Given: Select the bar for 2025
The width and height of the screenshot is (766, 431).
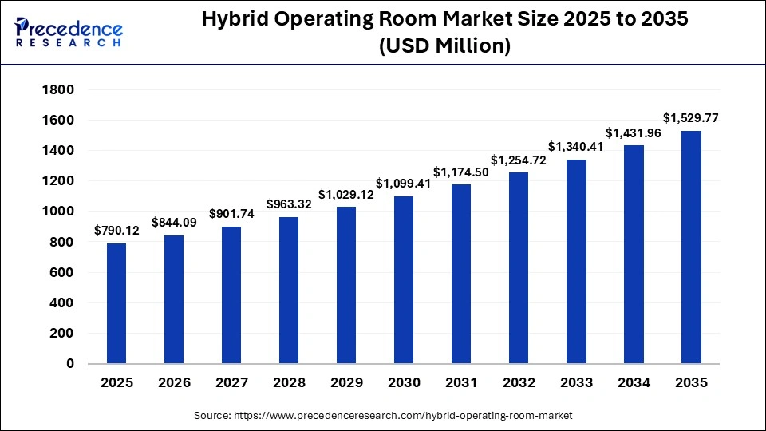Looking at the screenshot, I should (x=116, y=303).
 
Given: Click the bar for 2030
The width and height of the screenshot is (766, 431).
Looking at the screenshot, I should (x=404, y=279).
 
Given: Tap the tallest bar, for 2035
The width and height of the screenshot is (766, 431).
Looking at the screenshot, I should (x=691, y=247).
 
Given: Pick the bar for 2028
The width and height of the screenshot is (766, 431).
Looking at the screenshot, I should (x=289, y=291).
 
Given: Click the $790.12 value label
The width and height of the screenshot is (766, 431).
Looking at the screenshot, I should (x=116, y=231).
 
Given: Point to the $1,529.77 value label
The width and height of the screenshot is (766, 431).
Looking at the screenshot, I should (x=691, y=118).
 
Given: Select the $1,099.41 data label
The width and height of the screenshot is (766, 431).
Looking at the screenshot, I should (x=404, y=184).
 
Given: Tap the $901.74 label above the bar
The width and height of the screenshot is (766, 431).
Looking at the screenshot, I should (x=231, y=214).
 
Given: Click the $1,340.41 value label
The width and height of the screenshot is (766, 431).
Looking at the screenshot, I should (x=576, y=147).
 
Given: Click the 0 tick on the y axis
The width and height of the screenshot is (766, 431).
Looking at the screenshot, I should (x=69, y=364).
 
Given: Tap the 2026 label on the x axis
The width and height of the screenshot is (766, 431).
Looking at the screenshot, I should (x=174, y=383).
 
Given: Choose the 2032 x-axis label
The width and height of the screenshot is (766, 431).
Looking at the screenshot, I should (x=519, y=383).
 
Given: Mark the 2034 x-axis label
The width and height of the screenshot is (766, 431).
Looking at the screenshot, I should (x=634, y=383).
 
